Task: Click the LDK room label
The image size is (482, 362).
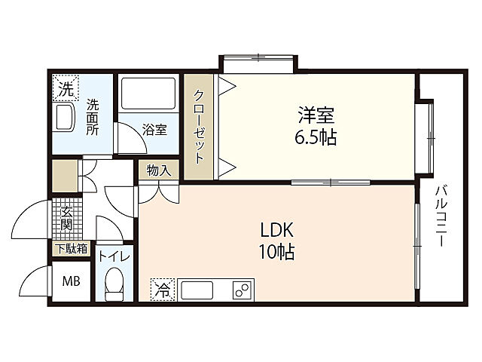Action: (277, 230)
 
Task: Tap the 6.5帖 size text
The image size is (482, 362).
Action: (316, 137)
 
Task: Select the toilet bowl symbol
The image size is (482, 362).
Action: (114, 284)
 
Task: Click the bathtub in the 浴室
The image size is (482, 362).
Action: (148, 94)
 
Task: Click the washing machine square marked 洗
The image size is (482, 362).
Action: (66, 87)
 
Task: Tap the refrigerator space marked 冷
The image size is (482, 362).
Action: (163, 290)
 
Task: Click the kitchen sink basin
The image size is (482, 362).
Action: (197, 290)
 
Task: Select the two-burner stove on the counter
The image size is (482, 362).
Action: (242, 290)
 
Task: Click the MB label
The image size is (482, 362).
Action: (72, 281)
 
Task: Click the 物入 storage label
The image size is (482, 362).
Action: (159, 170)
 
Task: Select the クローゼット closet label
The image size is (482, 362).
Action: (199, 127)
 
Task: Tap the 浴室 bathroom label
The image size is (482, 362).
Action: (154, 130)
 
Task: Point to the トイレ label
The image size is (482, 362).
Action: (114, 256)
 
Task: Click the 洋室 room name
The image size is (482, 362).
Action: (316, 115)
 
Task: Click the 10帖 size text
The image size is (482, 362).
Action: (277, 252)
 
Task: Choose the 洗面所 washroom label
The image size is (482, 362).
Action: (92, 117)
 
